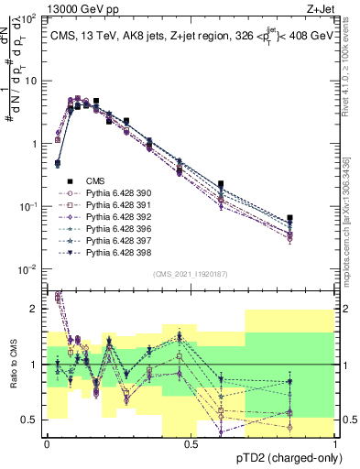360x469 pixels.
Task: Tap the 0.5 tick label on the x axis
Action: tap(191, 443)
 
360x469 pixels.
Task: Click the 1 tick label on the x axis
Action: tap(336, 443)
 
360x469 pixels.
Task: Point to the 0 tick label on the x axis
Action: tap(47, 443)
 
